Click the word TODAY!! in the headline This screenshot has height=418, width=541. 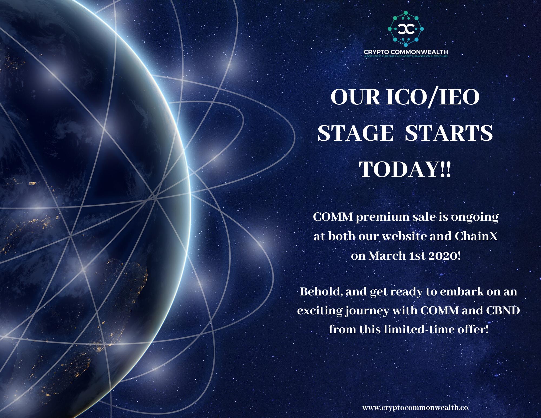pyautogui.click(x=406, y=169)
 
